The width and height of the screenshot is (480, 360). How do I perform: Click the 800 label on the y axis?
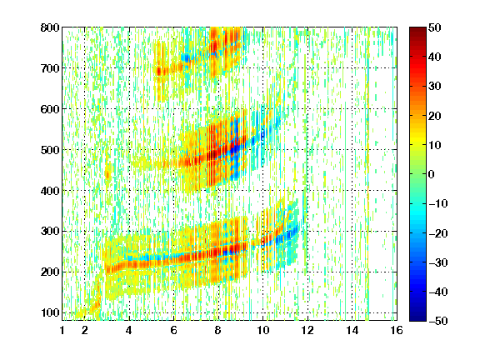[50, 27]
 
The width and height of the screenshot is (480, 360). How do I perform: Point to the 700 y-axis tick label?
[50, 68]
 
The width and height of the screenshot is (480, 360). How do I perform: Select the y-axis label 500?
[50, 150]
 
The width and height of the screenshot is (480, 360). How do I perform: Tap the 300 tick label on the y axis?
[50, 232]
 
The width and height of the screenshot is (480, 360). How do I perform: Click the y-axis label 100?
[50, 312]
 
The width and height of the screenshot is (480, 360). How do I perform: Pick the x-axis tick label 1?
[62, 330]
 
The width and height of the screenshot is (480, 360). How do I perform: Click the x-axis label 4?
[129, 330]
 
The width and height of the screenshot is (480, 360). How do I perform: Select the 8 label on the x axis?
[218, 330]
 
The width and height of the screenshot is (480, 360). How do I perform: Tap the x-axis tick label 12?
[307, 330]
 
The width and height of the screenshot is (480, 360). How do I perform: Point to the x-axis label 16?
[397, 330]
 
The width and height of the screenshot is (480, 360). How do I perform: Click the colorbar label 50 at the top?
[435, 27]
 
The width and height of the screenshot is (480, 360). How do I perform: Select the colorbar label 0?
[432, 174]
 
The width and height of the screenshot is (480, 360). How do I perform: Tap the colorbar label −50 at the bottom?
[438, 321]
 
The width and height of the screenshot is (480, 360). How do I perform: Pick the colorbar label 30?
[435, 87]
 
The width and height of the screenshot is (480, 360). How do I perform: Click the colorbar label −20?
[438, 233]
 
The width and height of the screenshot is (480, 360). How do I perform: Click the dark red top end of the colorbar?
[417, 29]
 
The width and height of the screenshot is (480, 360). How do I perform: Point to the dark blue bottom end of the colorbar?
[417, 319]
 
